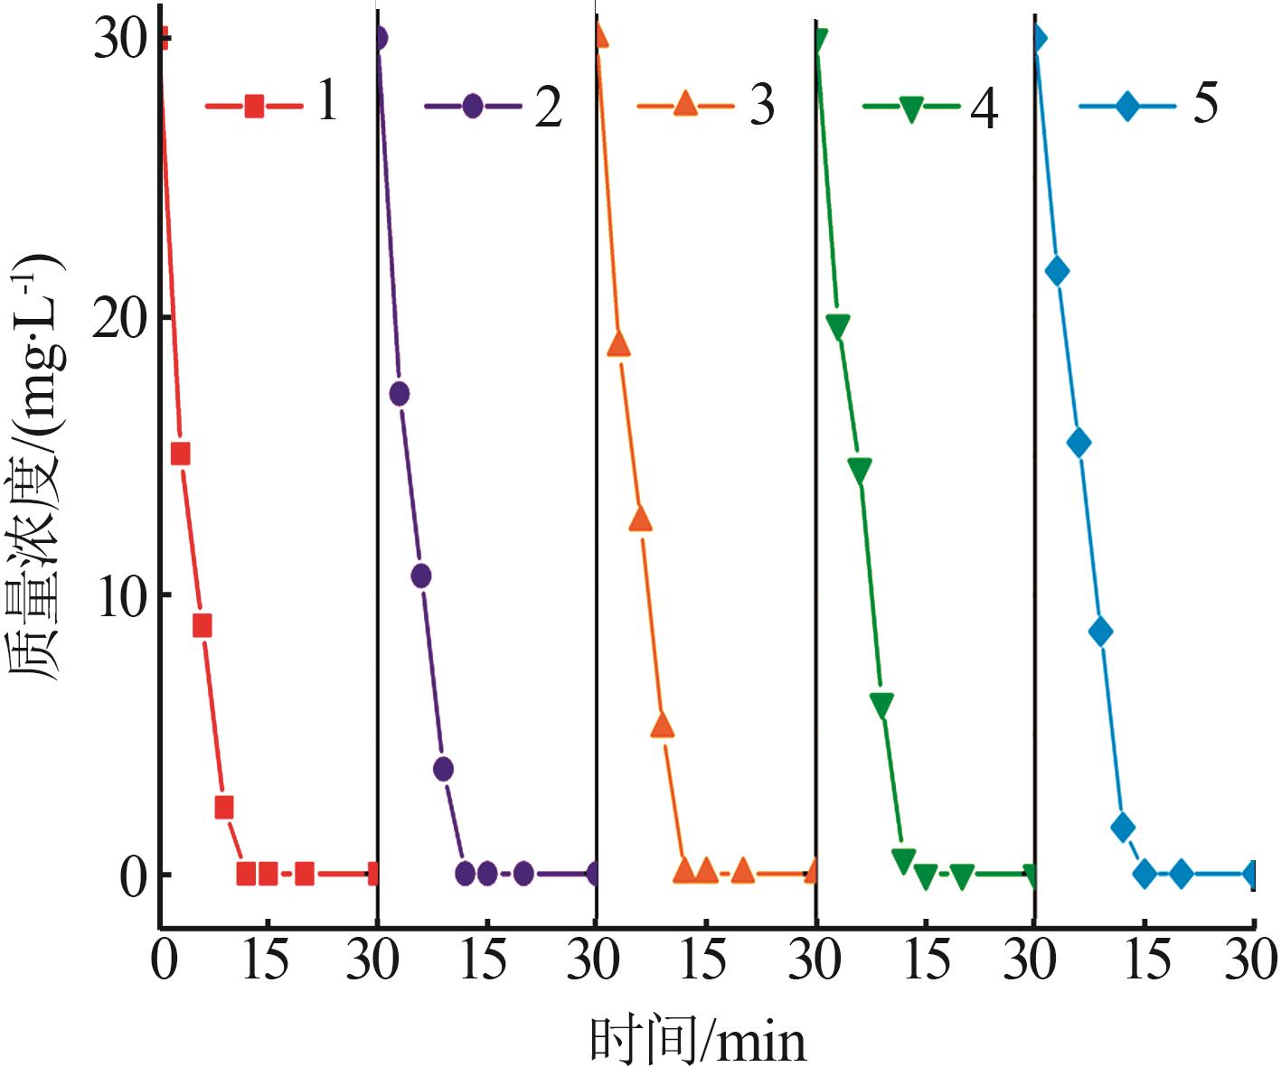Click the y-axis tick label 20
120,318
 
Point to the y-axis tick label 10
120,595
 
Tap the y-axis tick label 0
134,875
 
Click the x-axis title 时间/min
697,1039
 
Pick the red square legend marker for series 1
254,106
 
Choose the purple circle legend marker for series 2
473,106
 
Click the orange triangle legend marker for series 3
686,105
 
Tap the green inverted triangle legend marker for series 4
910,108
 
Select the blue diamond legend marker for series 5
1127,106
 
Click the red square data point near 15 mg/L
180,454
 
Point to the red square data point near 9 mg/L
202,626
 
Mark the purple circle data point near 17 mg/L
399,393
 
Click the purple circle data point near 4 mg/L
443,769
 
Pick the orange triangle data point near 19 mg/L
618,344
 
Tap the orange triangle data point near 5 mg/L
663,725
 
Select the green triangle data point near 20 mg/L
837,326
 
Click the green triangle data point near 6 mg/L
881,705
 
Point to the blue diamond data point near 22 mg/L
1056,271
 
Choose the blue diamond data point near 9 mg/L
1100,632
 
